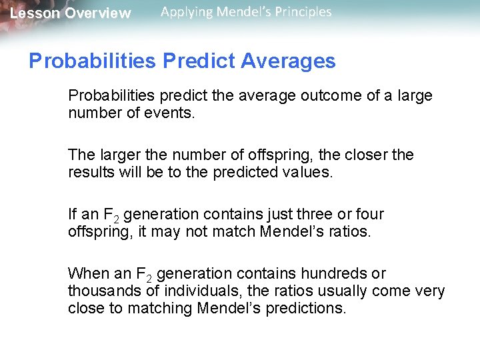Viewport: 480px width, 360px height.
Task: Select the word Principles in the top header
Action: pos(302,12)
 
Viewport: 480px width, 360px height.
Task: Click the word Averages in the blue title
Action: pos(288,62)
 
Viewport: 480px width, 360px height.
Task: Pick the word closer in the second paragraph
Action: pos(365,155)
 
